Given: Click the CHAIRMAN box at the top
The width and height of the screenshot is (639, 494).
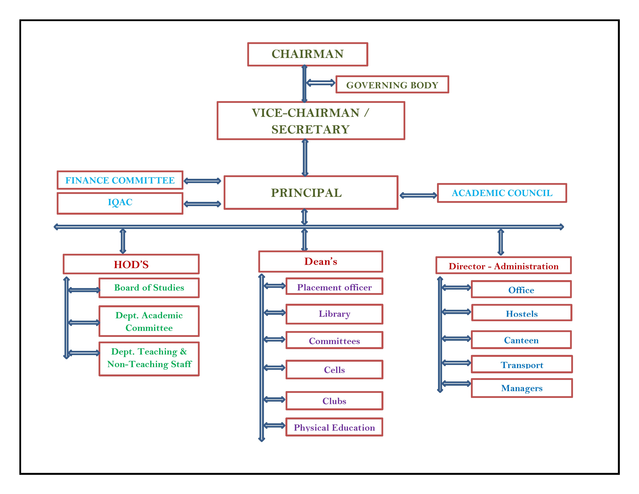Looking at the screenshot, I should pyautogui.click(x=307, y=54).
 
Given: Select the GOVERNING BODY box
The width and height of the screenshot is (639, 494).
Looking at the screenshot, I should pyautogui.click(x=392, y=85).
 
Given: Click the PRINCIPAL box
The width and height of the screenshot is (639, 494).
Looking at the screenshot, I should pyautogui.click(x=311, y=193).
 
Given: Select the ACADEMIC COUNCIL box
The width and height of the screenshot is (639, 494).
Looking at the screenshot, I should pyautogui.click(x=502, y=193).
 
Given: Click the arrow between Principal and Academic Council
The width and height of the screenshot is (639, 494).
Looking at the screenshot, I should pyautogui.click(x=418, y=195).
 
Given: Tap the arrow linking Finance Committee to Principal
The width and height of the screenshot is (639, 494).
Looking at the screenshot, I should pyautogui.click(x=202, y=181).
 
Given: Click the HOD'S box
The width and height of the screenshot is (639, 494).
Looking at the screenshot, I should pyautogui.click(x=131, y=264).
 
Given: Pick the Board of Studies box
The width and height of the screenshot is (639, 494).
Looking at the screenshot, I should pyautogui.click(x=149, y=288).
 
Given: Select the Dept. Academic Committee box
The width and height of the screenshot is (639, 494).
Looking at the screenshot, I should pyautogui.click(x=149, y=321).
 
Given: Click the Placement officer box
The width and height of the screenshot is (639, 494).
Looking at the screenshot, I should pyautogui.click(x=334, y=287).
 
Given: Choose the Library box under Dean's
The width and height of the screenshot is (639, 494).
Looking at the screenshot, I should pyautogui.click(x=334, y=314).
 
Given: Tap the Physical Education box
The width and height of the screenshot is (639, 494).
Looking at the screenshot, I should pyautogui.click(x=334, y=427).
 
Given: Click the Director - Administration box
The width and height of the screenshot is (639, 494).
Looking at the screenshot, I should pyautogui.click(x=503, y=266).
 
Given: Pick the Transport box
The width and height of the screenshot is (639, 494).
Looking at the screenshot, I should pyautogui.click(x=521, y=364).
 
